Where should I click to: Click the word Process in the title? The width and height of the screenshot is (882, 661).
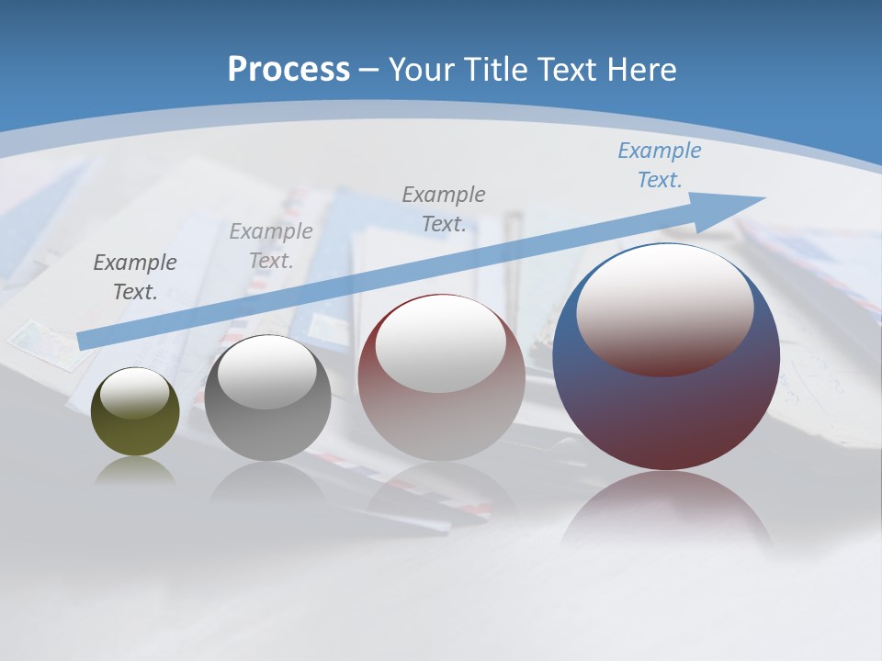coord(288,69)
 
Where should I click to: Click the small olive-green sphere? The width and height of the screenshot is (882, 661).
coord(135,431)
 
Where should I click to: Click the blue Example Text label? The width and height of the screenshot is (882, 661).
coord(660,165)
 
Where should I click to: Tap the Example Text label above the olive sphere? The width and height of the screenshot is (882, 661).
coord(135,277)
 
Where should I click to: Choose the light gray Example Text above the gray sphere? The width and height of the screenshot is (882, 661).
coord(271,245)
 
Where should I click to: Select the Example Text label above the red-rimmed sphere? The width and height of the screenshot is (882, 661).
coord(444,208)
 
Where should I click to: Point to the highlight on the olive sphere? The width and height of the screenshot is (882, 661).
coord(135,393)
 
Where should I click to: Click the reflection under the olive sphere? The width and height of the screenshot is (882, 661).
coord(135,470)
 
